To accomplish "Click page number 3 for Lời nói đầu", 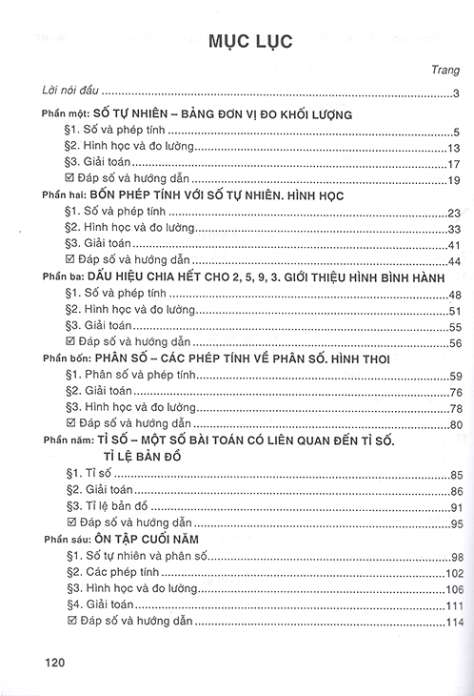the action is coord(457,92).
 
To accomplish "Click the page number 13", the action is coord(454,149).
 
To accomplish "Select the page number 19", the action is coord(454,181).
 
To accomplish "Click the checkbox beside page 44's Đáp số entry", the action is coord(68,259).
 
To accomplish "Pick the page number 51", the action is coord(454,311).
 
